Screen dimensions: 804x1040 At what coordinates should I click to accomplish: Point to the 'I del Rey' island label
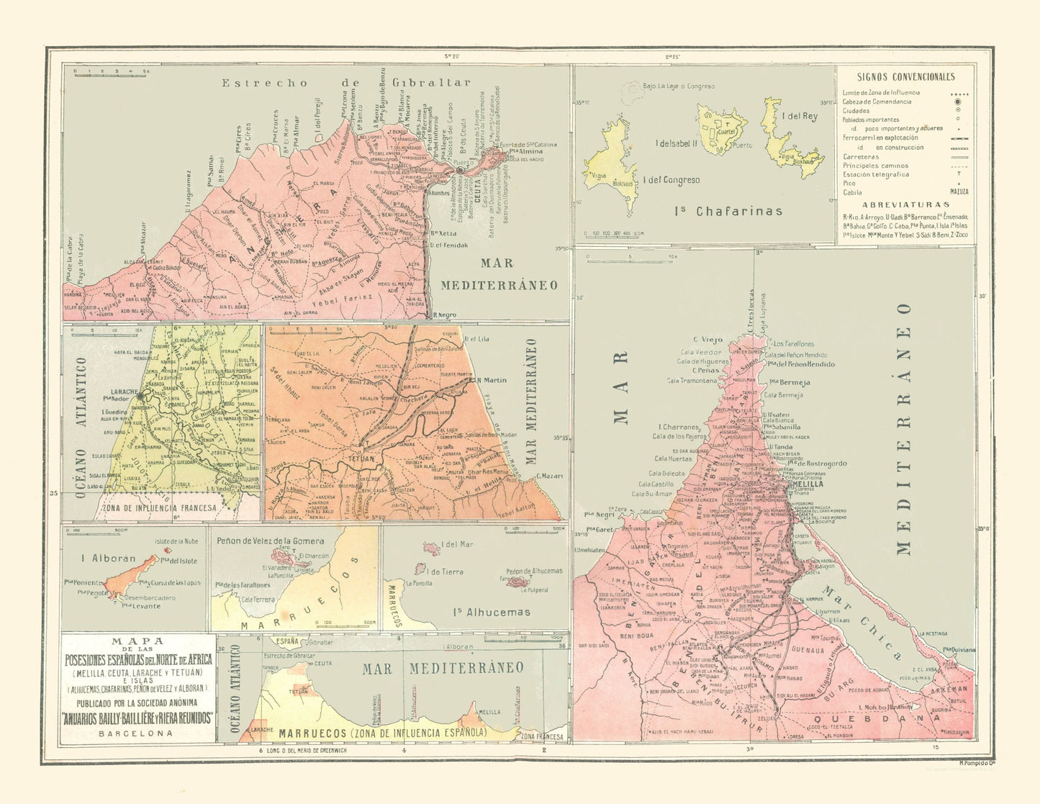click(x=800, y=117)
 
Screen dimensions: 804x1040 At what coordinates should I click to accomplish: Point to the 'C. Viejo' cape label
click(x=707, y=339)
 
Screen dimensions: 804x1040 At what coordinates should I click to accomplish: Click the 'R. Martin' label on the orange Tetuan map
click(x=491, y=380)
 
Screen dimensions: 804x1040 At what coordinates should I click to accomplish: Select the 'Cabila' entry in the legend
click(x=853, y=192)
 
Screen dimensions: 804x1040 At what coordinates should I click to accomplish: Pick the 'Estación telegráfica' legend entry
click(x=876, y=174)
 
